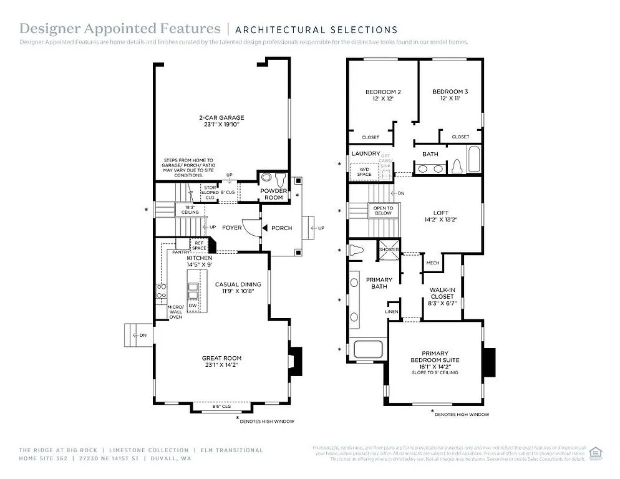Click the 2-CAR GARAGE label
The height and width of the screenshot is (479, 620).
pyautogui.click(x=221, y=117)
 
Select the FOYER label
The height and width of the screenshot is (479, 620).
pyautogui.click(x=231, y=228)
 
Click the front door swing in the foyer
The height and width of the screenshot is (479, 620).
pyautogui.click(x=251, y=228)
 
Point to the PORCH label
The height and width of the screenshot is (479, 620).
pyautogui.click(x=281, y=228)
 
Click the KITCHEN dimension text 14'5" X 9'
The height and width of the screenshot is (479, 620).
pyautogui.click(x=200, y=265)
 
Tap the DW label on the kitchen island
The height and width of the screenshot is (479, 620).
pyautogui.click(x=193, y=306)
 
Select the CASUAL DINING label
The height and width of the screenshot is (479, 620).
pyautogui.click(x=238, y=284)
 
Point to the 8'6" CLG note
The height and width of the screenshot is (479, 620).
pyautogui.click(x=222, y=407)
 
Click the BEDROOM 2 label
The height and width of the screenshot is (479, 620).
pyautogui.click(x=382, y=92)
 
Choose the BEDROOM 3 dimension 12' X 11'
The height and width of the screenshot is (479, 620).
pyautogui.click(x=450, y=99)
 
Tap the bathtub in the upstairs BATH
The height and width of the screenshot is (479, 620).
pyautogui.click(x=473, y=159)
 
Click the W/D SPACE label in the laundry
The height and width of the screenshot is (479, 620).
pyautogui.click(x=365, y=170)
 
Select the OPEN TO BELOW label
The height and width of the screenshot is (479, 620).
pyautogui.click(x=383, y=211)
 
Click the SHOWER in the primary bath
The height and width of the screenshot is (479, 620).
pyautogui.click(x=389, y=249)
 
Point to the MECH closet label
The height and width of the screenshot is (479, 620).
pyautogui.click(x=432, y=263)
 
